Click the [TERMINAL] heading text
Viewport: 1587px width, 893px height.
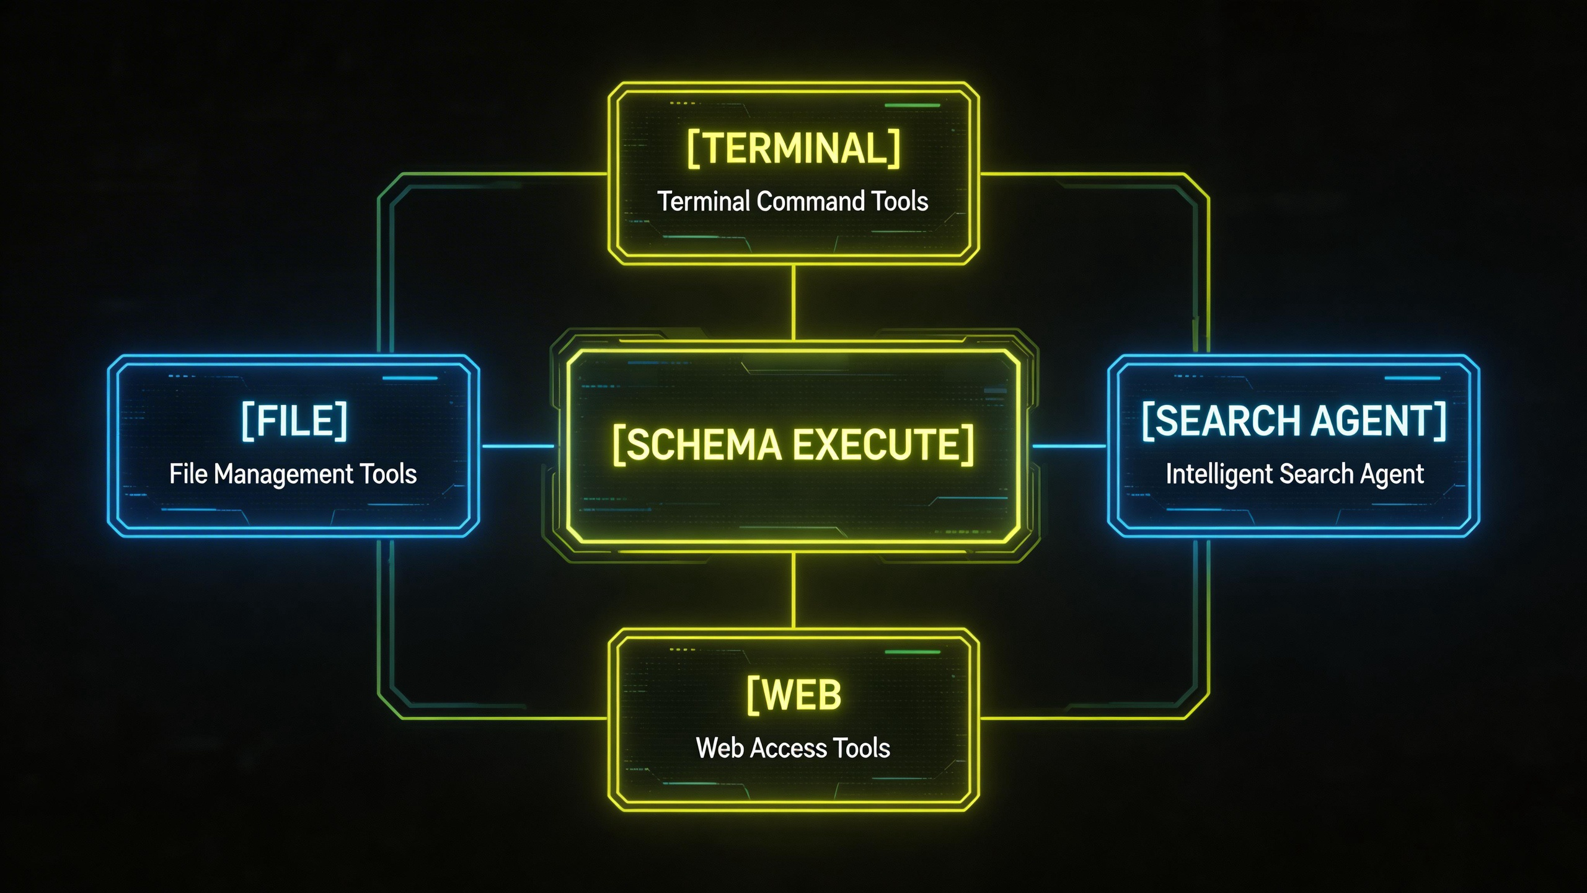click(x=793, y=149)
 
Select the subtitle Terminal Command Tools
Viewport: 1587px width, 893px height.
click(x=792, y=202)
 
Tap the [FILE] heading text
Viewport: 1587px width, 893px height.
click(x=294, y=422)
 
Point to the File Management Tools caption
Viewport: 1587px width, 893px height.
click(x=293, y=474)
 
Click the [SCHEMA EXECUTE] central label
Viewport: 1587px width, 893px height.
click(x=793, y=445)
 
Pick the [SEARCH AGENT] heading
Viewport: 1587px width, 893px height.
click(x=1294, y=422)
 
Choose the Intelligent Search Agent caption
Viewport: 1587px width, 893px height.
click(x=1294, y=474)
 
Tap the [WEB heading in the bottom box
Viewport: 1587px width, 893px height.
click(x=793, y=695)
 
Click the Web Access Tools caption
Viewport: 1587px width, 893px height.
click(x=793, y=748)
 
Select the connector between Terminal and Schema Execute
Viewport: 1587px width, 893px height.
click(x=793, y=303)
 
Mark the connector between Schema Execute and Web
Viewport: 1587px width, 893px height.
click(x=793, y=590)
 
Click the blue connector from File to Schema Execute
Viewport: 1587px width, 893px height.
click(x=517, y=446)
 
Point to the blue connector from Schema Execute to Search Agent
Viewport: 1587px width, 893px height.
click(x=1069, y=446)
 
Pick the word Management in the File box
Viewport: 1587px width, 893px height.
click(x=283, y=474)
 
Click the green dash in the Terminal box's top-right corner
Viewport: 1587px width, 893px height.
click(x=912, y=105)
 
